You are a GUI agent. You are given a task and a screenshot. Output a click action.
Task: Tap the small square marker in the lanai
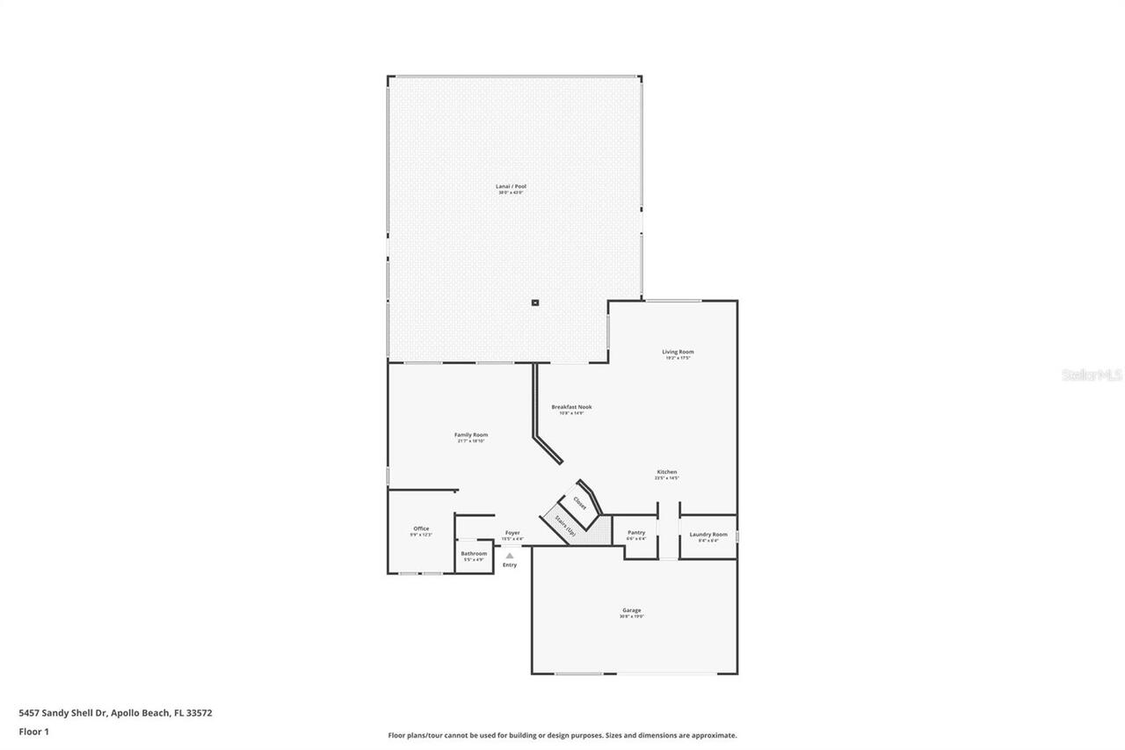[534, 303]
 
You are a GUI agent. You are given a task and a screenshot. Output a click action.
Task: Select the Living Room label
[678, 353]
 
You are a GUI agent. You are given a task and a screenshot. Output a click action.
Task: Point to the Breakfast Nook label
[571, 407]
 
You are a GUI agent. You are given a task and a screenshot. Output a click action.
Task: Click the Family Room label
[471, 435]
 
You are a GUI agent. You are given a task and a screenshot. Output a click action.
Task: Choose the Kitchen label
[667, 472]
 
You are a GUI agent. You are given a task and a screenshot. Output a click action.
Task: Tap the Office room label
[421, 528]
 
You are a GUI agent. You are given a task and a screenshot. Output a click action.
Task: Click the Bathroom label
[474, 553]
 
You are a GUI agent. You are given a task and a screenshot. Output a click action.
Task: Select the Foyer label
[512, 533]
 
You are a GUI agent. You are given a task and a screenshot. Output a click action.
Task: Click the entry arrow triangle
[510, 556]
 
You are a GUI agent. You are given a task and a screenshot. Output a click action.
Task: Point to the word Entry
[510, 564]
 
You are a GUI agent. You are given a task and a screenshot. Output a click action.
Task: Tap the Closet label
[579, 503]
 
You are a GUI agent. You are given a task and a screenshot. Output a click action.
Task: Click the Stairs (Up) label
[565, 525]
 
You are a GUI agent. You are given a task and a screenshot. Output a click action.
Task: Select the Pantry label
[636, 533]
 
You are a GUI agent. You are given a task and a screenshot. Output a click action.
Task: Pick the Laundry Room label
[708, 535]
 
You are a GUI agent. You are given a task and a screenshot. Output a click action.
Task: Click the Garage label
[632, 610]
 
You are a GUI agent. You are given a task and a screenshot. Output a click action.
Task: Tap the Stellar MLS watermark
[1092, 375]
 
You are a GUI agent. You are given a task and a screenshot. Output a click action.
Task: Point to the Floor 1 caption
[33, 732]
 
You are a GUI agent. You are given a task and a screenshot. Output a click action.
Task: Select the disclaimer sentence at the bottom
[562, 735]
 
